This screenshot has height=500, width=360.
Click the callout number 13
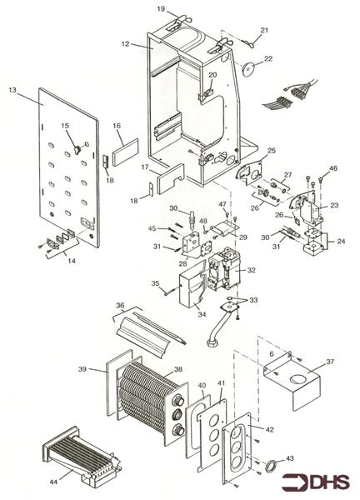[12, 88]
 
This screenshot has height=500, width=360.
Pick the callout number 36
[120, 306]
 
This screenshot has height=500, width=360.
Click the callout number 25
[272, 151]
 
